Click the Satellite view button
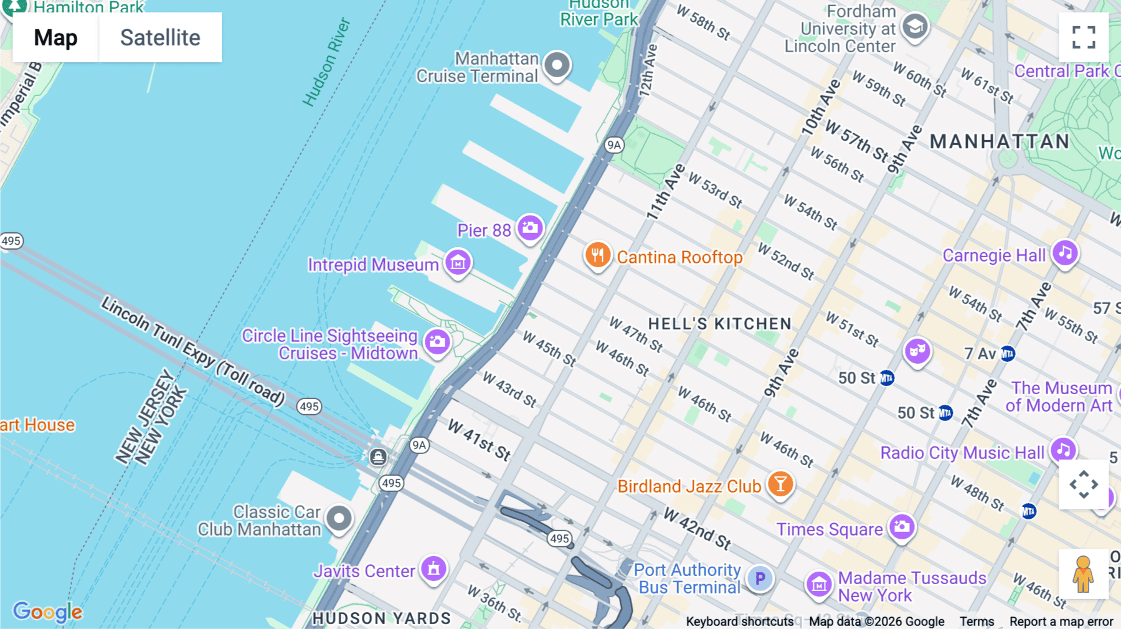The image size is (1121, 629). click(x=160, y=37)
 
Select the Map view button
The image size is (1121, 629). click(x=55, y=37)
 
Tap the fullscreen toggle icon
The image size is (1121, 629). click(x=1084, y=37)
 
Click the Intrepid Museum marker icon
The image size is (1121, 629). click(x=458, y=263)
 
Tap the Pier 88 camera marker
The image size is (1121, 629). click(x=531, y=228)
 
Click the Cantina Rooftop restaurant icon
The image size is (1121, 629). click(x=597, y=255)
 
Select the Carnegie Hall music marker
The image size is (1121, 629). click(x=1065, y=253)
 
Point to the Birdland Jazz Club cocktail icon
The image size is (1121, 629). click(x=780, y=484)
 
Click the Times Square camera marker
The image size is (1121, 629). click(x=902, y=527)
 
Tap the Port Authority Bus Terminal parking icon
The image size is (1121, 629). click(x=760, y=579)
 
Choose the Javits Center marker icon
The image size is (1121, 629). click(x=434, y=569)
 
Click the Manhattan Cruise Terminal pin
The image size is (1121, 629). click(x=557, y=65)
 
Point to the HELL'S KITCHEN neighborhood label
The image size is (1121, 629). click(x=719, y=324)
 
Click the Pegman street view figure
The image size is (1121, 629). click(x=1083, y=574)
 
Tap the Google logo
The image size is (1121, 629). click(x=47, y=612)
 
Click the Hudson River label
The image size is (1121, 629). click(x=326, y=62)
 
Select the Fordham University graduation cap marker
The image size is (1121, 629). click(x=914, y=27)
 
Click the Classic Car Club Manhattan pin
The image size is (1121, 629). click(x=339, y=518)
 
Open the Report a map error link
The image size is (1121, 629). click(x=1061, y=622)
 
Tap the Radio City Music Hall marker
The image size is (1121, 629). click(x=1063, y=450)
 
